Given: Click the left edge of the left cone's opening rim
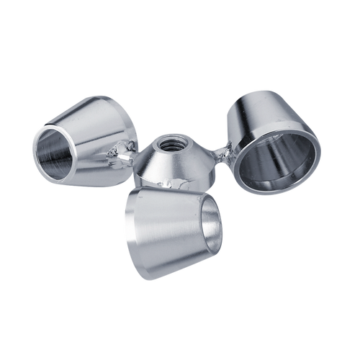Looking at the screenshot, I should coord(35,148).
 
